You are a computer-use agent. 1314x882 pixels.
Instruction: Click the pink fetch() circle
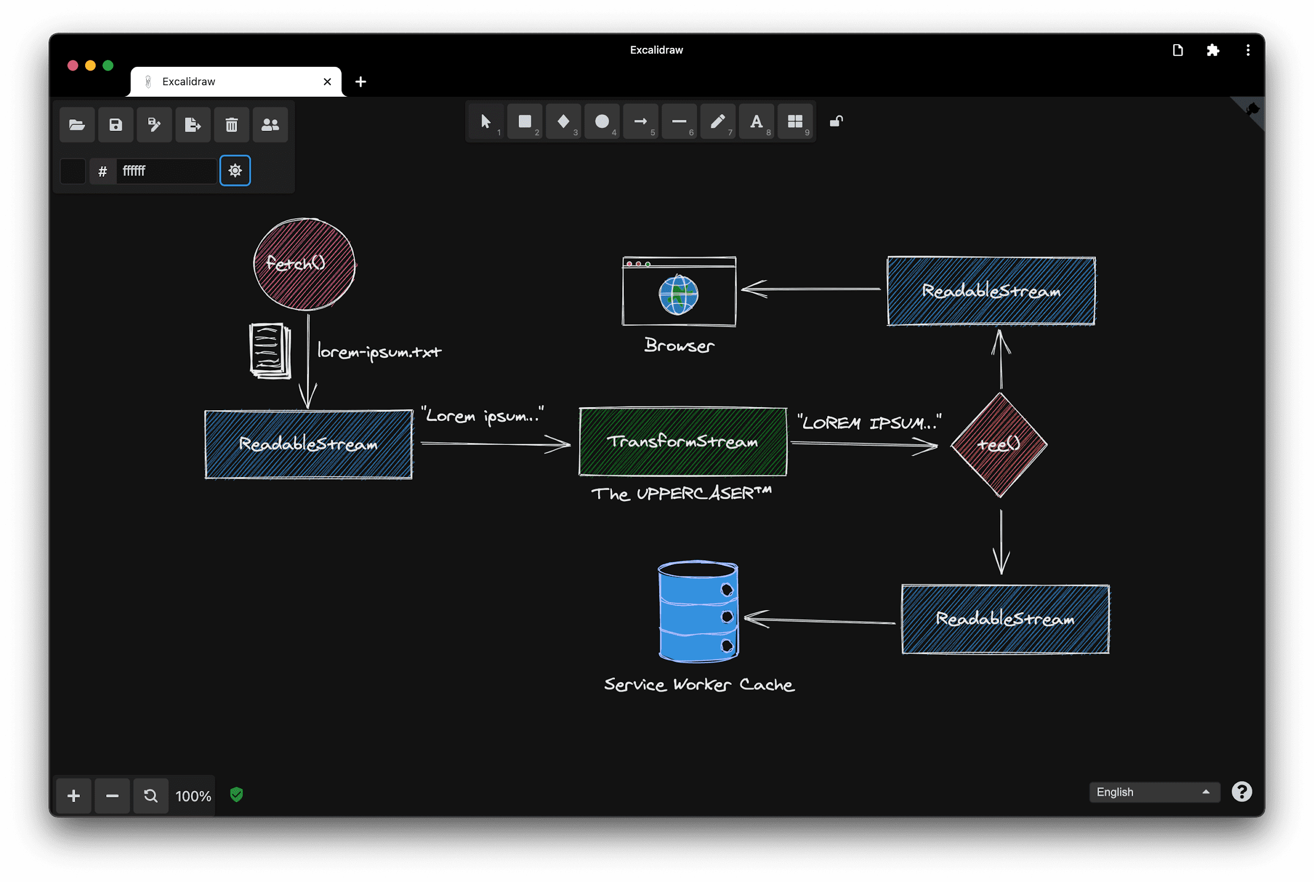[304, 264]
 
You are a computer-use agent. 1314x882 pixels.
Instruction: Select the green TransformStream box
[683, 442]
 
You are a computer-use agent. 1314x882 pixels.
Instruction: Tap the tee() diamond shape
[999, 444]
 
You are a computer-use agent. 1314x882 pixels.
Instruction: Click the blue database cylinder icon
[698, 612]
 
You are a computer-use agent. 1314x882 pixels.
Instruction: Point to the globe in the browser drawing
[679, 295]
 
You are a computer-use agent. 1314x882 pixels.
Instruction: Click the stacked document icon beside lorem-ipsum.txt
[270, 350]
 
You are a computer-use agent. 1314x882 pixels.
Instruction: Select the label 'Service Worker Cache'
[699, 685]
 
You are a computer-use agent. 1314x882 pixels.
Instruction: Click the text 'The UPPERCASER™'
[681, 494]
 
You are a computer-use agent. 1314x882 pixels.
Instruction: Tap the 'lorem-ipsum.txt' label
[379, 351]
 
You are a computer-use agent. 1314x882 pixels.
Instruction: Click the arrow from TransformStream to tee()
[864, 445]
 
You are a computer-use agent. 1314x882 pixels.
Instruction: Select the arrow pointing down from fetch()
[308, 360]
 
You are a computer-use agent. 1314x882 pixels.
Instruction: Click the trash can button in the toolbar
[232, 124]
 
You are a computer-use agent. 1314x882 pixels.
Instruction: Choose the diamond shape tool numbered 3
[563, 121]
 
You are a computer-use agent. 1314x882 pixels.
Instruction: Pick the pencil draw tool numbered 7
[717, 121]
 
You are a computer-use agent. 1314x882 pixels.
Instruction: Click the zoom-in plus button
[74, 796]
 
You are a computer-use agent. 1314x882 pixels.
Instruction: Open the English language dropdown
[1154, 792]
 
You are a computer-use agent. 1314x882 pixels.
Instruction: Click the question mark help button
[1241, 792]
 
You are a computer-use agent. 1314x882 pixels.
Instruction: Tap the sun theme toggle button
[235, 170]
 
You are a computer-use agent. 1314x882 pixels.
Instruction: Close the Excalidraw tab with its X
[327, 82]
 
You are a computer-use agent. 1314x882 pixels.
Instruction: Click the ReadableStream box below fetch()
[309, 444]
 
